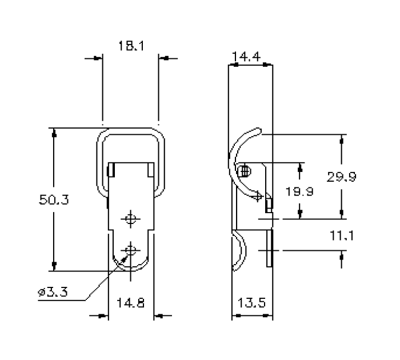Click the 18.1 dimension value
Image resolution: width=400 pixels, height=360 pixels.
131,46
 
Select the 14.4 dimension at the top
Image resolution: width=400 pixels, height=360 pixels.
246,56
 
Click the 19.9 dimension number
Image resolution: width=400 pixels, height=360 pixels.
299,192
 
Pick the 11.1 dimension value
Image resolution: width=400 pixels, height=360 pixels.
342,235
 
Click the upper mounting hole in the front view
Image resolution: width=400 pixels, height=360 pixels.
131,219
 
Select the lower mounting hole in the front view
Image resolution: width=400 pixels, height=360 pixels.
131,250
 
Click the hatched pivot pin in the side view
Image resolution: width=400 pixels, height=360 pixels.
244,170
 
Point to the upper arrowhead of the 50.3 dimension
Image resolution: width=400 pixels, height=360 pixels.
54,133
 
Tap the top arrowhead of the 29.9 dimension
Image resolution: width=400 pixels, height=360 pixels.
342,139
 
